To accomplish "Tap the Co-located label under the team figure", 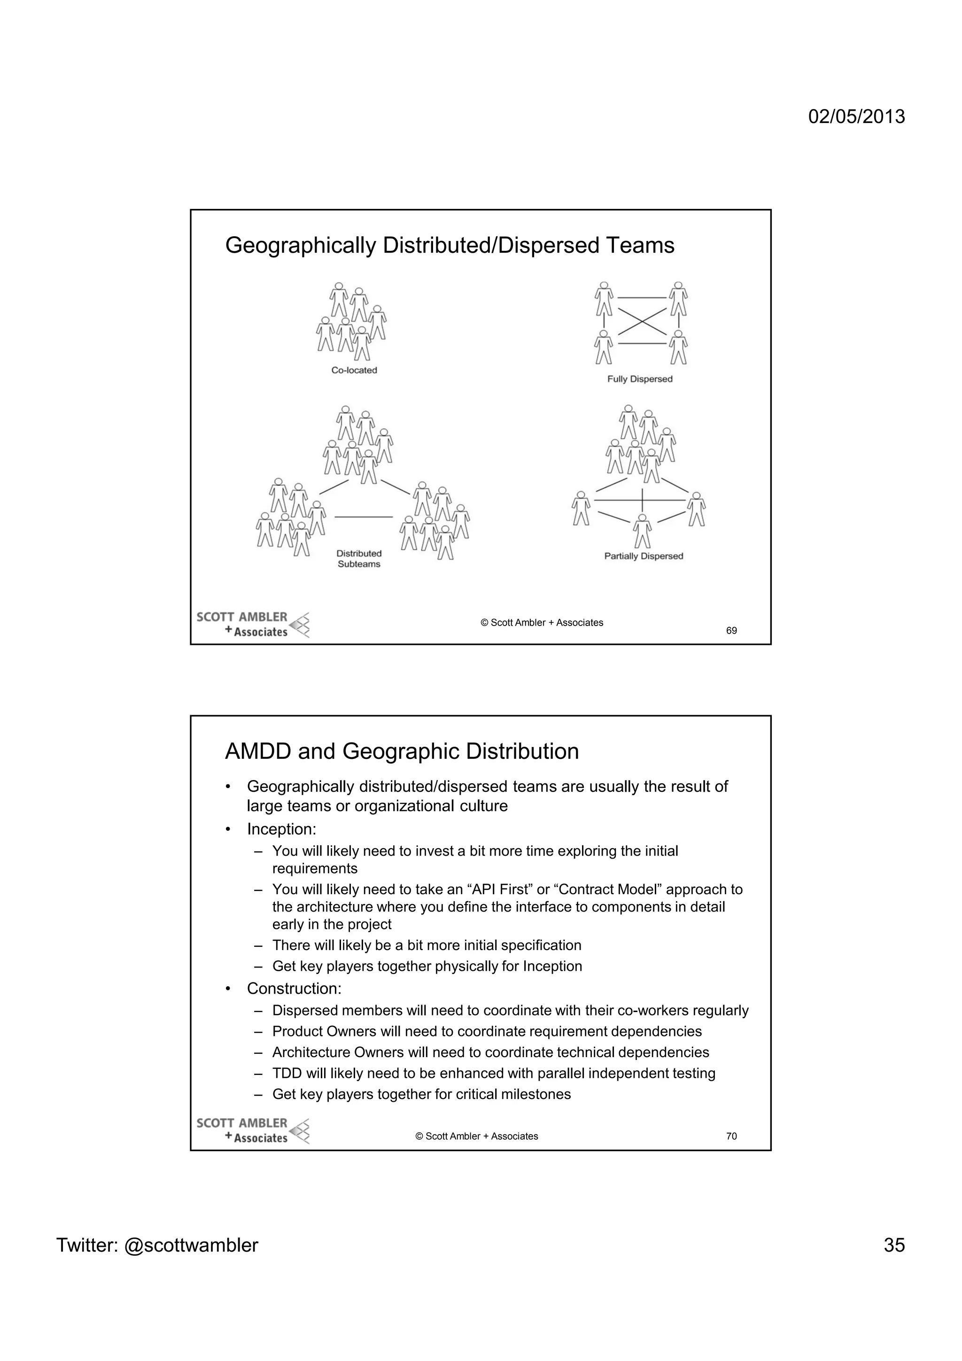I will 354,371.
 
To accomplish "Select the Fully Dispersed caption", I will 640,379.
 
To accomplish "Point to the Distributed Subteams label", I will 359,559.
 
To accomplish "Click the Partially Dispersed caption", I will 644,556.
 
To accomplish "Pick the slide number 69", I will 731,631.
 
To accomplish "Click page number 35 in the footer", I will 894,1245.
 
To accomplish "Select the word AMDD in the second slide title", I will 258,751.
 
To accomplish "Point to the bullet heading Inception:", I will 281,829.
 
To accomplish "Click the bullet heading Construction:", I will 294,988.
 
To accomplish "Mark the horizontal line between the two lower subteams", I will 364,518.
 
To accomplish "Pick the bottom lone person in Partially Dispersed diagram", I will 642,531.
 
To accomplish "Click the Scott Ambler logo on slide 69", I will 253,625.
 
